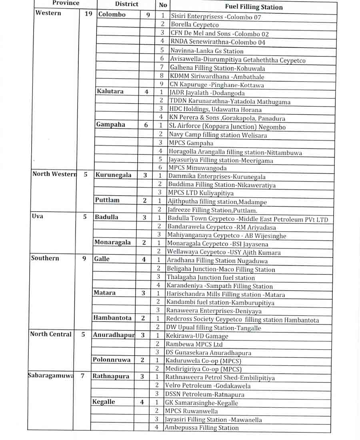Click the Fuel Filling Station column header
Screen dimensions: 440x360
[254, 7]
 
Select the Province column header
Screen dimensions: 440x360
[66, 3]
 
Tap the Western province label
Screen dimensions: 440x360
[48, 13]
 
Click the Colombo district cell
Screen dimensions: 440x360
[112, 14]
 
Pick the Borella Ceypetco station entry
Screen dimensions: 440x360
[195, 25]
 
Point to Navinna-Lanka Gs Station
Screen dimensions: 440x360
[207, 51]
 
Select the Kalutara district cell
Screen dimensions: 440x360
[110, 91]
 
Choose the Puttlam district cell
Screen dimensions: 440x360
[107, 200]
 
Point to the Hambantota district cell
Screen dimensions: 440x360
[112, 318]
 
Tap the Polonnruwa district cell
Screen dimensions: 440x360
[112, 360]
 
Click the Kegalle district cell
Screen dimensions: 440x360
[104, 402]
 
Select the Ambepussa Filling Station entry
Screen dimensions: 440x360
[202, 428]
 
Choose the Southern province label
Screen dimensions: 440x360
[45, 258]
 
